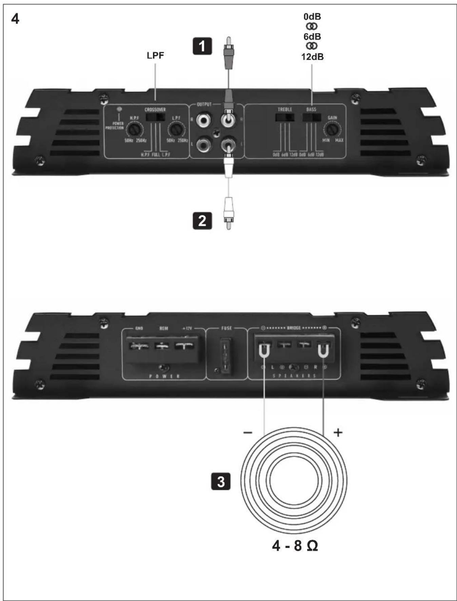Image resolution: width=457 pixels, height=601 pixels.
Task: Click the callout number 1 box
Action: (202, 46)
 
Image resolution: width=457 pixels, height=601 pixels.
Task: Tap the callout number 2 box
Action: (202, 221)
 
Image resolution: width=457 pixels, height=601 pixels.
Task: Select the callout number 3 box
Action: (221, 481)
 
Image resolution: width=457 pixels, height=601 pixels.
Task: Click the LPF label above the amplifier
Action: (155, 56)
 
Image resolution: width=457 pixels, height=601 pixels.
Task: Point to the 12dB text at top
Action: (312, 57)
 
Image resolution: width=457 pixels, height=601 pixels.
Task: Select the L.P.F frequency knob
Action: (176, 129)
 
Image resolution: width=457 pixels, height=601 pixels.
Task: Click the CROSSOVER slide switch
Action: (155, 117)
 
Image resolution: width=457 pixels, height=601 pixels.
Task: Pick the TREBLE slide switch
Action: (285, 118)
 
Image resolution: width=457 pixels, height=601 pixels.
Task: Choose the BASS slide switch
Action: (312, 118)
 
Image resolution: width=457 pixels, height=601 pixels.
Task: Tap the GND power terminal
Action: (139, 346)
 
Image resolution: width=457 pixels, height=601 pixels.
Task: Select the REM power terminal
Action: (162, 346)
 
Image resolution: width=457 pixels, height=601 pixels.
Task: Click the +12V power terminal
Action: (184, 346)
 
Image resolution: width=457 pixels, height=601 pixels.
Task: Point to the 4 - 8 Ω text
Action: (295, 546)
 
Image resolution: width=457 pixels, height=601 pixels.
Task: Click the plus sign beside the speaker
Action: (338, 433)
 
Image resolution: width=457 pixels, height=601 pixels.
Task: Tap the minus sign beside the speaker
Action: (248, 433)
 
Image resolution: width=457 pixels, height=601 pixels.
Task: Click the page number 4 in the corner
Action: (15, 19)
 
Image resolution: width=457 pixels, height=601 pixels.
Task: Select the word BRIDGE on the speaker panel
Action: (294, 328)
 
